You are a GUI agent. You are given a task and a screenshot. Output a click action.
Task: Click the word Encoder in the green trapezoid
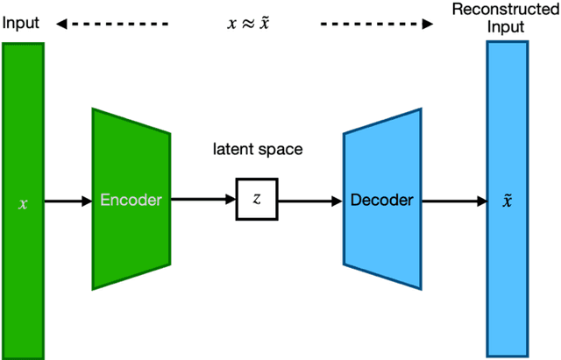click(x=131, y=200)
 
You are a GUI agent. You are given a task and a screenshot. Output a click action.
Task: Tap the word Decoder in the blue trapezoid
click(x=381, y=200)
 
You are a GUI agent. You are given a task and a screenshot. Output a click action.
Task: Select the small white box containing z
click(x=257, y=200)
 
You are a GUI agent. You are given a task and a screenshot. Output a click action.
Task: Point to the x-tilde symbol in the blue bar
click(x=508, y=200)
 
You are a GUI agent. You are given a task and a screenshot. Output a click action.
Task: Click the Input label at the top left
click(x=21, y=24)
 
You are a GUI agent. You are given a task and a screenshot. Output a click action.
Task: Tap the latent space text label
click(x=257, y=149)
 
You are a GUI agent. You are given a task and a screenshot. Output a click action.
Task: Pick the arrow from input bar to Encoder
click(x=67, y=201)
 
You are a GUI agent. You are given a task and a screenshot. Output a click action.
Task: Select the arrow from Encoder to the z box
click(x=202, y=201)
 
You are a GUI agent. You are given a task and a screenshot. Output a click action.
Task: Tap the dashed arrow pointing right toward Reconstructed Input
click(x=377, y=25)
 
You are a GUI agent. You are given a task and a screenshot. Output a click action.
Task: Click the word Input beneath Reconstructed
click(x=507, y=27)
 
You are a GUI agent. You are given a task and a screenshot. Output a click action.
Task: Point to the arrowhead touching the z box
click(x=230, y=201)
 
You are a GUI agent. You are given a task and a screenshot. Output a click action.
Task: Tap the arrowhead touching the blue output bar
click(x=481, y=201)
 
